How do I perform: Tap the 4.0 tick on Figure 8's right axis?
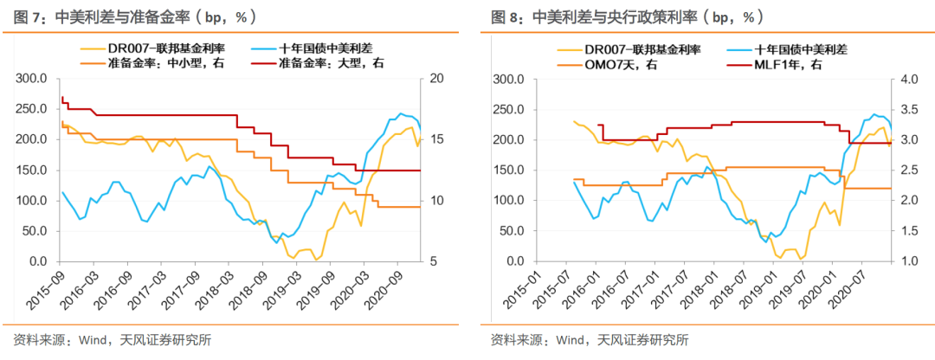(904, 79)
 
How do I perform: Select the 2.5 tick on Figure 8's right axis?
(904, 170)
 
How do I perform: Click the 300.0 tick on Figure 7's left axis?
(35, 79)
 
